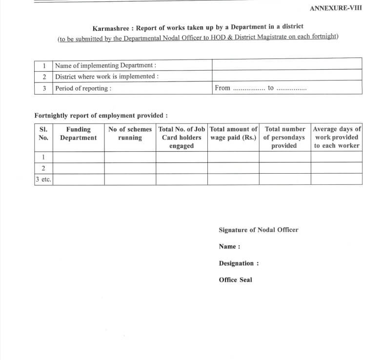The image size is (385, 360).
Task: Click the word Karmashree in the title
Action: (110, 27)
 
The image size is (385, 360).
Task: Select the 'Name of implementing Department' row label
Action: (105, 65)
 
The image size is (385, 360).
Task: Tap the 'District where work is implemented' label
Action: (107, 77)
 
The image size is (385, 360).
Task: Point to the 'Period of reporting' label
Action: (83, 88)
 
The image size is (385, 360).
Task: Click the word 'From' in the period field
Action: (222, 88)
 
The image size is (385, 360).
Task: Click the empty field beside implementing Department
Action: (286, 64)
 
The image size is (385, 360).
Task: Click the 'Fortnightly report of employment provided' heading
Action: (101, 116)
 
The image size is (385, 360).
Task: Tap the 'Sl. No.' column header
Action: (43, 134)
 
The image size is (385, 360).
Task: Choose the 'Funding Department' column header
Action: (78, 134)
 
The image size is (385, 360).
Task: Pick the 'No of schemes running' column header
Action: (130, 134)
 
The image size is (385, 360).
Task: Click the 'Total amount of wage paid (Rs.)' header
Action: (233, 134)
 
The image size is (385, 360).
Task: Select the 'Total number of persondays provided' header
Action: (284, 137)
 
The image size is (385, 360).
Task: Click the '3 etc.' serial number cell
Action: (43, 180)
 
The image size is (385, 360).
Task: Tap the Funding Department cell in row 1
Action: (78, 157)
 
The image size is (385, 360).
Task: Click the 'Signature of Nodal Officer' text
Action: (258, 230)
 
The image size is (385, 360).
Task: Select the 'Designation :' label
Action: (239, 263)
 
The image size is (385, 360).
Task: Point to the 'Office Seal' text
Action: (236, 280)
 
